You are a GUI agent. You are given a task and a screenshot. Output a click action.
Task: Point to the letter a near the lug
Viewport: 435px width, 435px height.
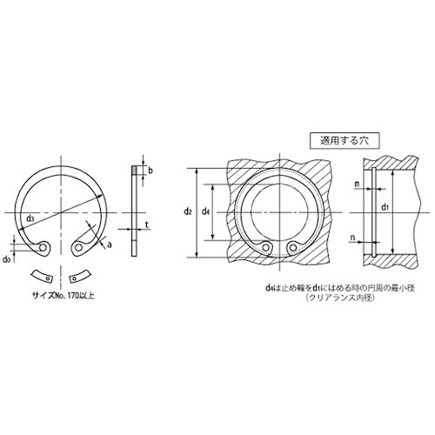(110, 246)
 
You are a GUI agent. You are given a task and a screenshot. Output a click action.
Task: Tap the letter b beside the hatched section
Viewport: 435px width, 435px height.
(150, 171)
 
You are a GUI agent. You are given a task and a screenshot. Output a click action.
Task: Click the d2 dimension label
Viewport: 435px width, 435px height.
(187, 211)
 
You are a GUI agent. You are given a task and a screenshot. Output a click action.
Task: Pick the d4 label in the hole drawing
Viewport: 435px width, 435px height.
(205, 211)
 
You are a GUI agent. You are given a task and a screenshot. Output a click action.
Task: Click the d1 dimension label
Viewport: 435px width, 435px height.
(385, 207)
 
